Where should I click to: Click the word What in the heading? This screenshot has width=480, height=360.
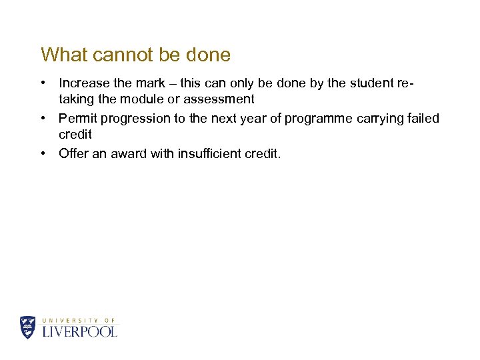pyautogui.click(x=63, y=55)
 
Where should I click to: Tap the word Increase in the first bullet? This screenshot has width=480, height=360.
pyautogui.click(x=84, y=83)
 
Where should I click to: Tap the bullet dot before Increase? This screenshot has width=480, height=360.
pyautogui.click(x=43, y=83)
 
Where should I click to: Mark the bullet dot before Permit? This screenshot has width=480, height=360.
pyautogui.click(x=43, y=119)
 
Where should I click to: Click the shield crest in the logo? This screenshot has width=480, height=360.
pyautogui.click(x=28, y=327)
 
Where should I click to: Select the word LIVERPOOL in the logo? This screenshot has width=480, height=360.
pyautogui.click(x=79, y=331)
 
